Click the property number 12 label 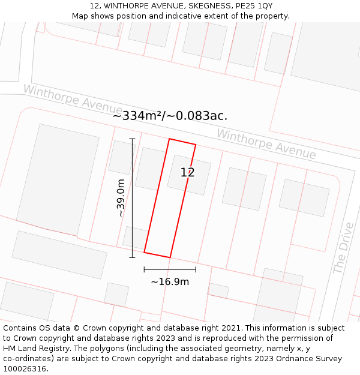tap(187, 173)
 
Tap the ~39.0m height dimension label tap(121, 198)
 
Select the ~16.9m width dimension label tap(170, 281)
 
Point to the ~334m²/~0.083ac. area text tap(170, 116)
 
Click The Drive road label tap(343, 248)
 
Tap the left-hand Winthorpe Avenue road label tap(73, 98)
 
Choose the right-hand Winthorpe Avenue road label tap(266, 144)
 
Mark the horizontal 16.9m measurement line tap(170, 269)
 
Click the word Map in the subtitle tap(80, 16)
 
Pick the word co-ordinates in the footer tap(26, 359)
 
